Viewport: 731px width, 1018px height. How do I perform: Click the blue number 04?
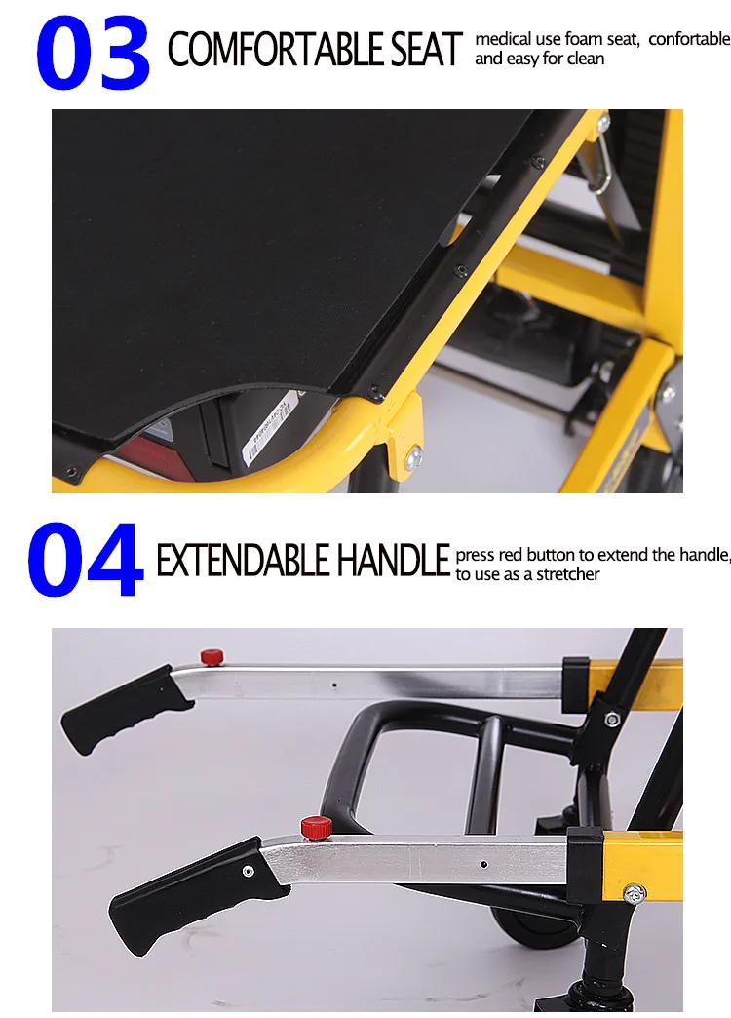(85, 560)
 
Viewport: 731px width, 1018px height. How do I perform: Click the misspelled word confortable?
(689, 39)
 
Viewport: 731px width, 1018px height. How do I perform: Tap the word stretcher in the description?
(567, 574)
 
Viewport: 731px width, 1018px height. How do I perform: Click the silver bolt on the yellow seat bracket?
(413, 457)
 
